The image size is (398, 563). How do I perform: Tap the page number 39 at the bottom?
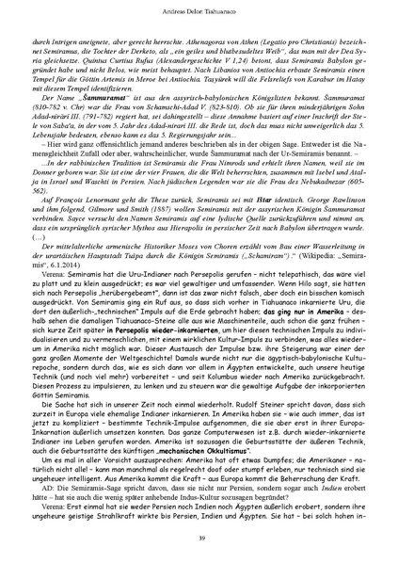tap(199, 537)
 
